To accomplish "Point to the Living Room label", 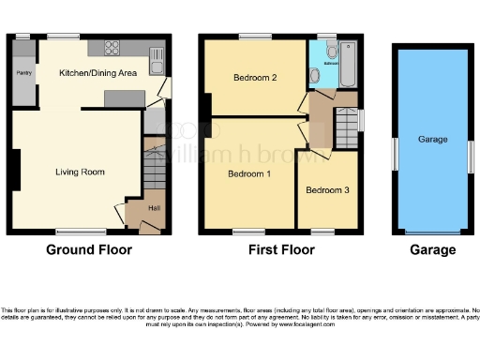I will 79,172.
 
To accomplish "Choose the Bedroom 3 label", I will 327,190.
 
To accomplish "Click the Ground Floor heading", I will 89,250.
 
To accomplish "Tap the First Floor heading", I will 281,250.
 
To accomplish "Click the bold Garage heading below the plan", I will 432,250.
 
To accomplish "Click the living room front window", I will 79,230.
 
